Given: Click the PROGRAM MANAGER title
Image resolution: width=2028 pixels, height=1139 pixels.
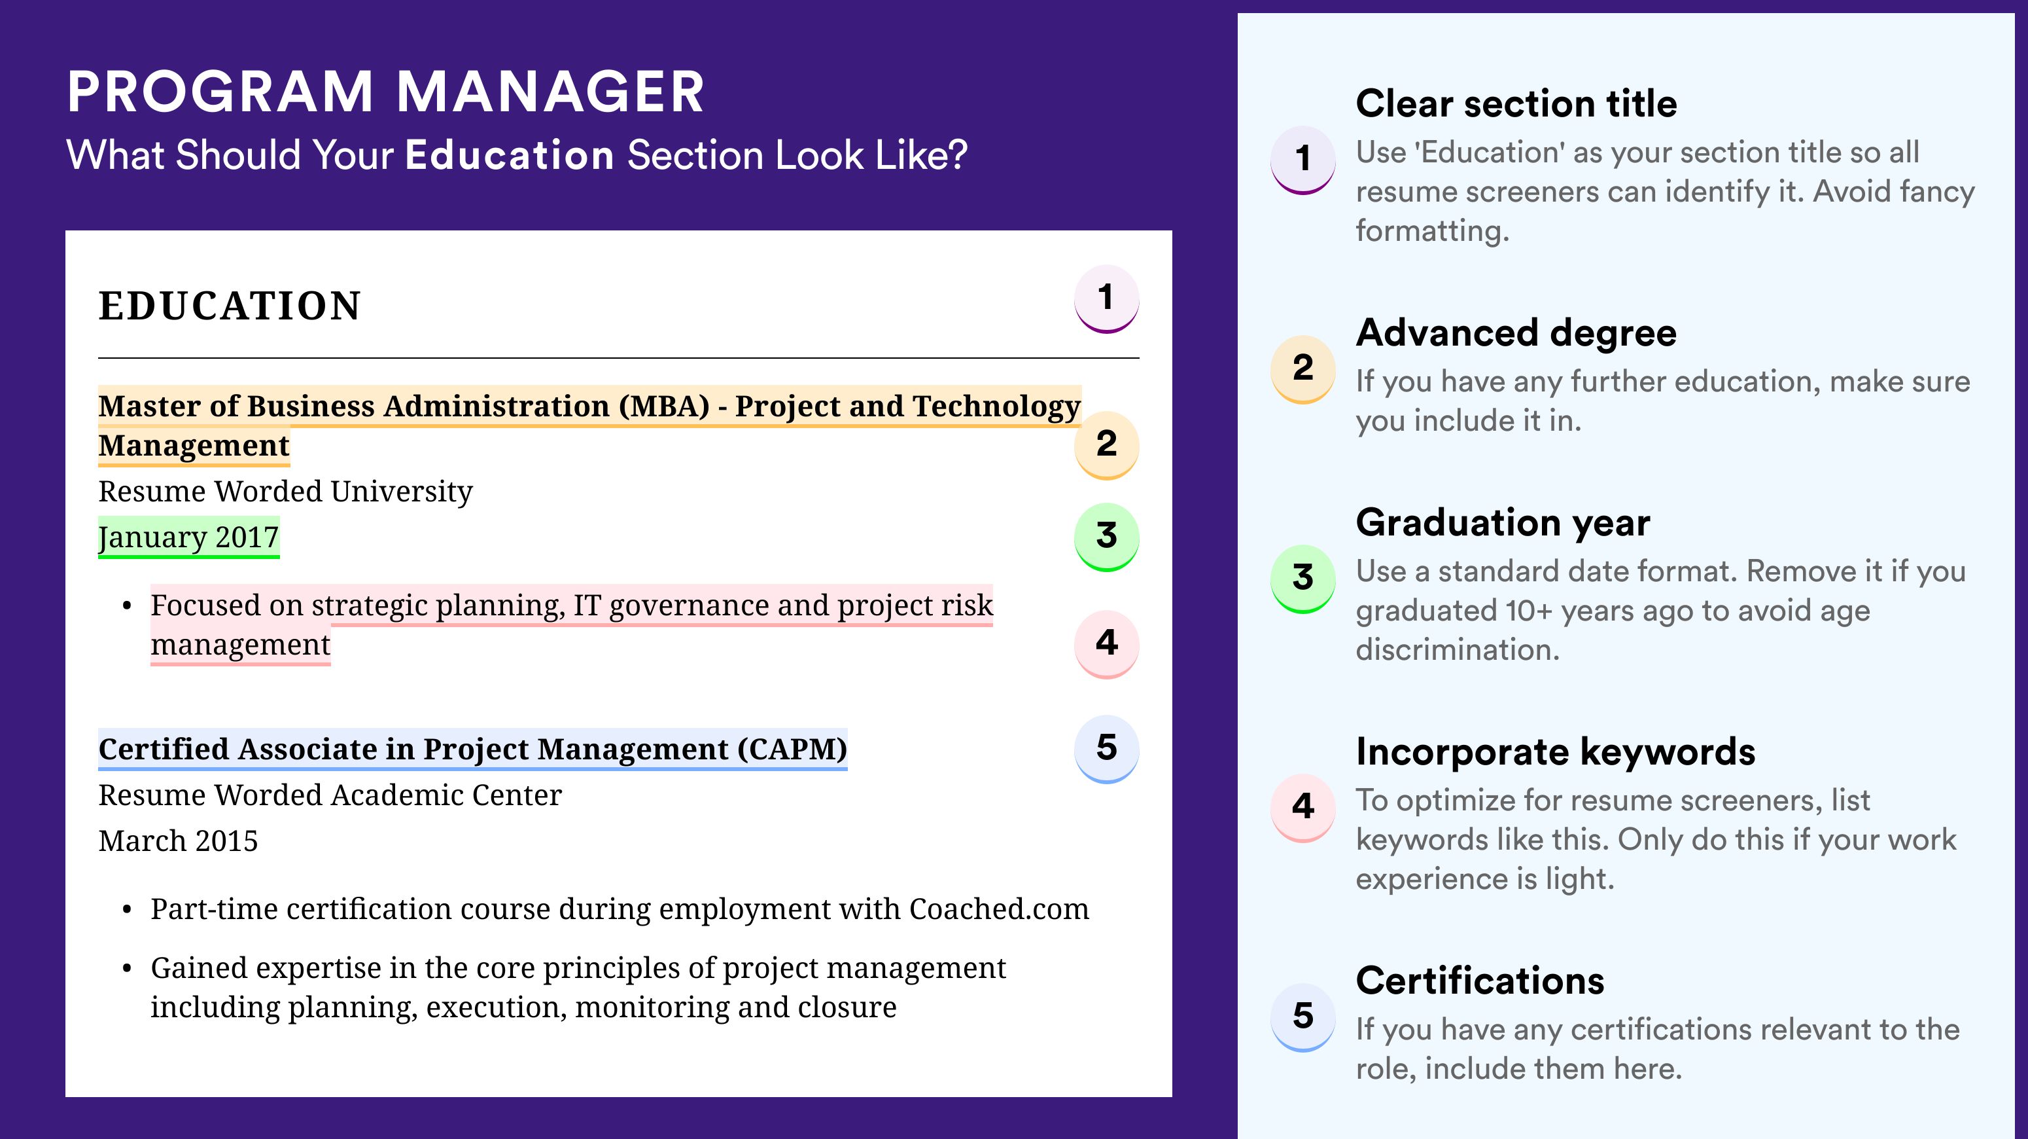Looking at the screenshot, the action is (385, 92).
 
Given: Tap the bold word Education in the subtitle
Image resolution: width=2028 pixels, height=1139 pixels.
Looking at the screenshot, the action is (510, 154).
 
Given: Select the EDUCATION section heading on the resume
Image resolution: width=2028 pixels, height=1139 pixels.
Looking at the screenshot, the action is (229, 306).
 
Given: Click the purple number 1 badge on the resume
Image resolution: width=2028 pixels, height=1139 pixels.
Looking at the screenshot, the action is (1106, 298).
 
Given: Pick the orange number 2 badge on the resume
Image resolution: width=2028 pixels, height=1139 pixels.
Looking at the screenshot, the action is (1106, 445).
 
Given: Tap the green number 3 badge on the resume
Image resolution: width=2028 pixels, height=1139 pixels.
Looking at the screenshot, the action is (1106, 536).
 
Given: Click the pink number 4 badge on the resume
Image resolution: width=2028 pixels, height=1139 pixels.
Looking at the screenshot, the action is (1106, 643).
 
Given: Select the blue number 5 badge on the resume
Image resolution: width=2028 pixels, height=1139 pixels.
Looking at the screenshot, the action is (1106, 748).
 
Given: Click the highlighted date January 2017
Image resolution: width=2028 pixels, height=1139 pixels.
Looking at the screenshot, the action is (188, 537).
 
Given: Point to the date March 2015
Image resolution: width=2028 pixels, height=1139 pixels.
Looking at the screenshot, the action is (178, 841).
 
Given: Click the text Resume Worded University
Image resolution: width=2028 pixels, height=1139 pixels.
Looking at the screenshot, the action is (285, 491).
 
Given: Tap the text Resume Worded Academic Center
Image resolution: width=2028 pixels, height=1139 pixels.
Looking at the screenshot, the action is (330, 795).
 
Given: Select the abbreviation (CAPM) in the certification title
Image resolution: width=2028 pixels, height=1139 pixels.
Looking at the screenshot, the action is (792, 749).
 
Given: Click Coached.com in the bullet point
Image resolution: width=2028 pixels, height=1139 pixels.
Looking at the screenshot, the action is (999, 909).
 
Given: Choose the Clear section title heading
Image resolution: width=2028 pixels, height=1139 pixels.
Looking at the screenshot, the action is (1516, 103).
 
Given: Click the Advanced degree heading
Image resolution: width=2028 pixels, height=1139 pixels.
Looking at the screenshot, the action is (1516, 333).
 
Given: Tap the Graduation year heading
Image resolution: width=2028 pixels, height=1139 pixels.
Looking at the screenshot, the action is (1503, 522).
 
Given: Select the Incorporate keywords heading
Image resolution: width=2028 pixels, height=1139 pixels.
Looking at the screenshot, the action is (1556, 751).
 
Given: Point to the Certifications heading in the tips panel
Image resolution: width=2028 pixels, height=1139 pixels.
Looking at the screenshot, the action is (1480, 981).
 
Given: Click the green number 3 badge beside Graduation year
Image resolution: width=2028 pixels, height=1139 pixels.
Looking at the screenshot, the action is (1303, 578).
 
